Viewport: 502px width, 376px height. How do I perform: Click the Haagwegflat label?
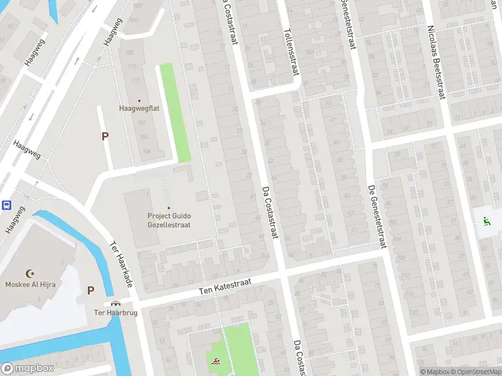click(139, 108)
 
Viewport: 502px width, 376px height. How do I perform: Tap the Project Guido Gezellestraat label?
click(168, 220)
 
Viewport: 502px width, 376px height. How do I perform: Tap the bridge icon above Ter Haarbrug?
click(114, 303)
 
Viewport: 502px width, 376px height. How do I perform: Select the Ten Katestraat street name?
click(225, 287)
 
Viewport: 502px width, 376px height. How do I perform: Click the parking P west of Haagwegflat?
click(105, 136)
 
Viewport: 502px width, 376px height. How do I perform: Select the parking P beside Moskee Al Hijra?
click(91, 290)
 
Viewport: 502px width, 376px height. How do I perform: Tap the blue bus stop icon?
click(6, 205)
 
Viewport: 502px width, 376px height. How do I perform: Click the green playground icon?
click(486, 220)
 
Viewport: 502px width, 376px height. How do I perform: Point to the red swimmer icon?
click(215, 362)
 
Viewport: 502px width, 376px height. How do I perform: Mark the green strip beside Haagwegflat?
click(174, 113)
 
